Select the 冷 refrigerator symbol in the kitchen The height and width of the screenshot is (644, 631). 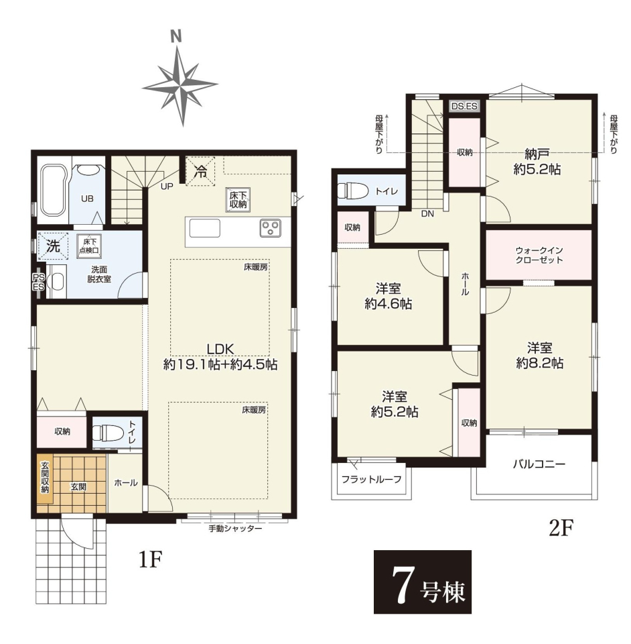pos(200,171)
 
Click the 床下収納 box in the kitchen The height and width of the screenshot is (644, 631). pos(238,200)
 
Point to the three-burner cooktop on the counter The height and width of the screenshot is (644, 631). pos(270,228)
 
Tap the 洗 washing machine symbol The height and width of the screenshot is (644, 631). pos(53,246)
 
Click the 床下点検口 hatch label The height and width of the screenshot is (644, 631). pos(89,246)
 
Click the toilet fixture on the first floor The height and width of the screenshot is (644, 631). pos(108,433)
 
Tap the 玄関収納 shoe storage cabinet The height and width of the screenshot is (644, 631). pos(44,478)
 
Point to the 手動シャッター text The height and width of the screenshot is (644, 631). pos(235,529)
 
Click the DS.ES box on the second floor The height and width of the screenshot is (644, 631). pos(464,106)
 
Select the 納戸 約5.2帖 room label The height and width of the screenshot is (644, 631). pos(537,162)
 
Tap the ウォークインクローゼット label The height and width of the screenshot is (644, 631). pos(539,255)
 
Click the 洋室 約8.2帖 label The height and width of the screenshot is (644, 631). pos(540,356)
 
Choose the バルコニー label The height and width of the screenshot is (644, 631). pos(539,464)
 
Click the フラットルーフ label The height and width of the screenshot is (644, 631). pos(372,479)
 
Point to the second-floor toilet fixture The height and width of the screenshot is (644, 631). pos(353,191)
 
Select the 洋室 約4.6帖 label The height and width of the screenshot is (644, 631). pos(389,297)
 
